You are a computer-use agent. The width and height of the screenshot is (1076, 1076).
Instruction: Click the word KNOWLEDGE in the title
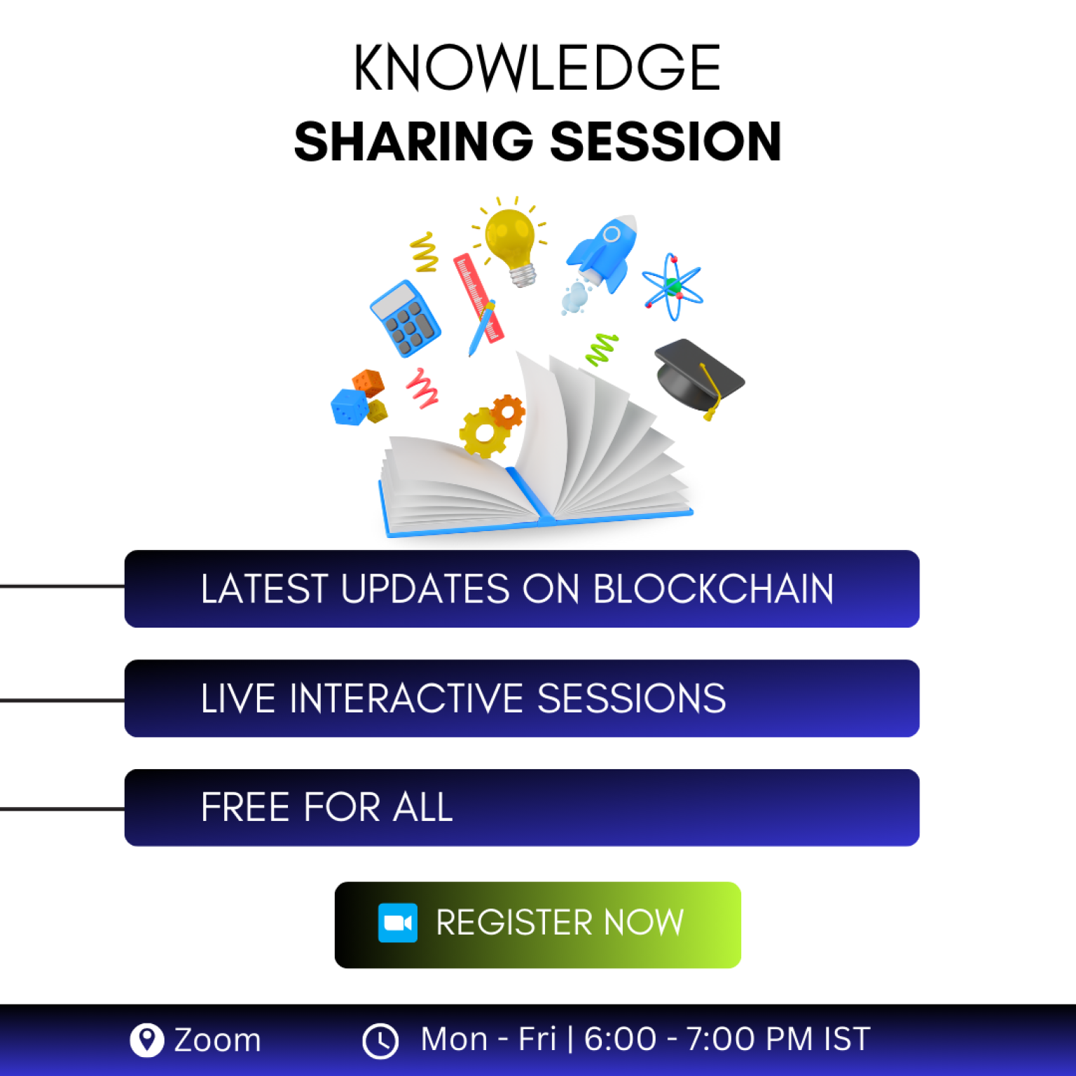[x=537, y=67]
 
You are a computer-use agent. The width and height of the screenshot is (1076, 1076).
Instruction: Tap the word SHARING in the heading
[x=414, y=142]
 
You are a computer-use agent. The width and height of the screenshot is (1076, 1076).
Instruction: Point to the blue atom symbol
[x=672, y=287]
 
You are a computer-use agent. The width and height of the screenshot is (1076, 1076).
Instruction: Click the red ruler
[x=478, y=298]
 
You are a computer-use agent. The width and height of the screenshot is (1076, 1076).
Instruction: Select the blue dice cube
[x=349, y=407]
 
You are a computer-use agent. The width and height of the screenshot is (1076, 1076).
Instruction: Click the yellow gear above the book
[x=483, y=432]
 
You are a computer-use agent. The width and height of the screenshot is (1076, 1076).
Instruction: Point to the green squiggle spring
[x=602, y=349]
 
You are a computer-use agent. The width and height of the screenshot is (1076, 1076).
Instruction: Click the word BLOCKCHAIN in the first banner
[x=714, y=588]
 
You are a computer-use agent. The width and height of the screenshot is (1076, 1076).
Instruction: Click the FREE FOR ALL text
[x=326, y=807]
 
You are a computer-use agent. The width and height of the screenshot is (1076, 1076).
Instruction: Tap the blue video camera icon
[x=398, y=923]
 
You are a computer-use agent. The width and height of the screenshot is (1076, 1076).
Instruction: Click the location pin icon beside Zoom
[x=147, y=1040]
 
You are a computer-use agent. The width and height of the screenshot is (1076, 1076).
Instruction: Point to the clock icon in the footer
[x=380, y=1041]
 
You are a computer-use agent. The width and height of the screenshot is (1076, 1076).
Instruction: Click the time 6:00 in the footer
[x=620, y=1039]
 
